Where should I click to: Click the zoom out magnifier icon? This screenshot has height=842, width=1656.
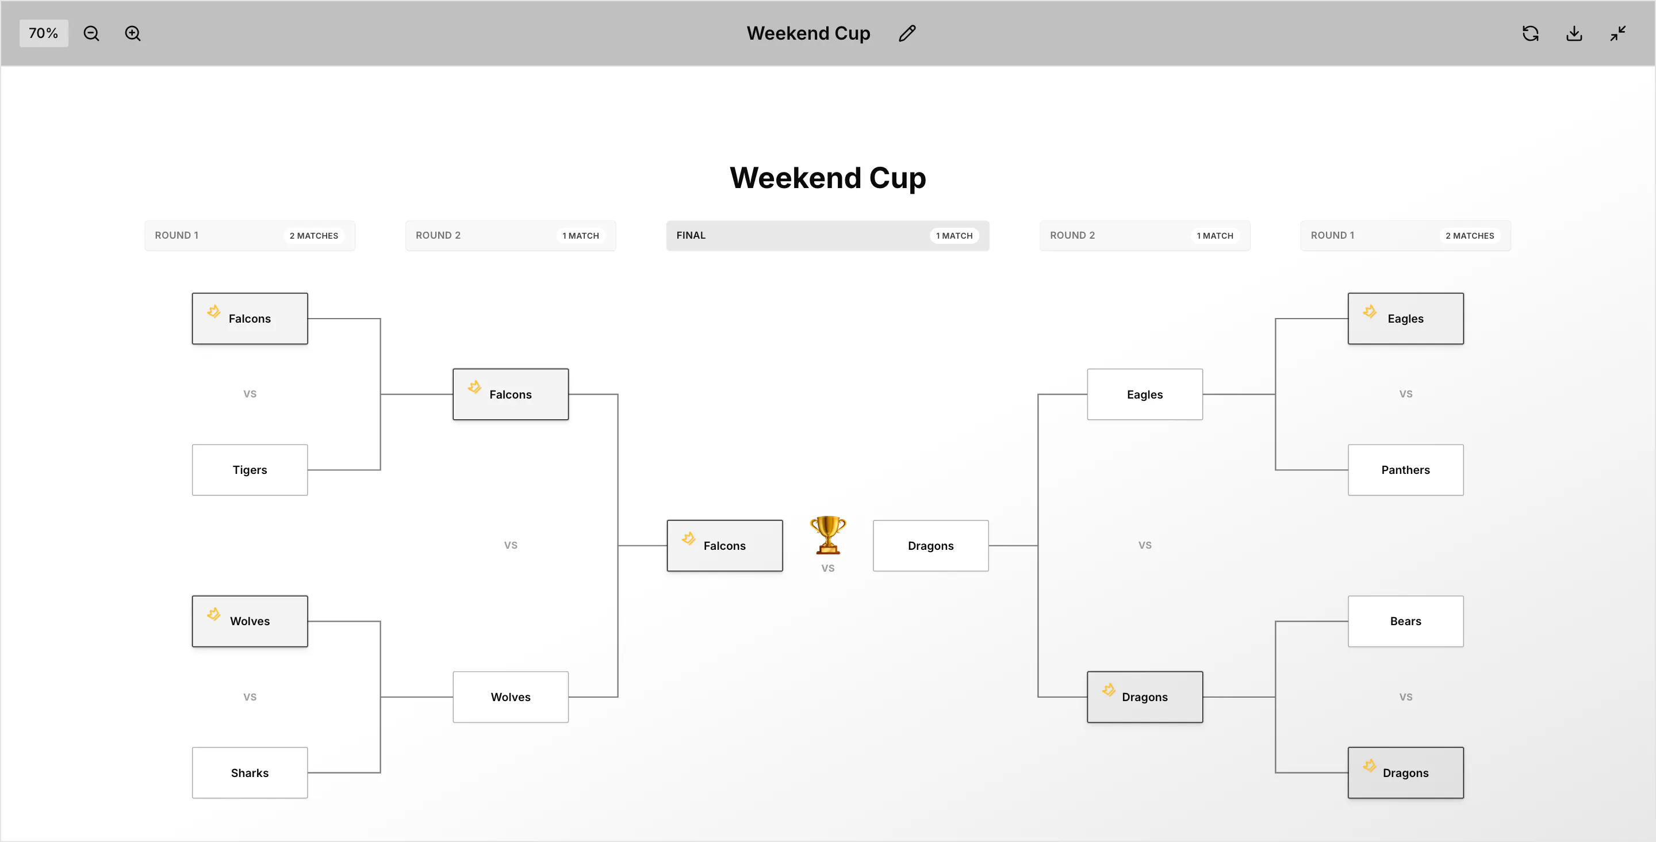pyautogui.click(x=91, y=33)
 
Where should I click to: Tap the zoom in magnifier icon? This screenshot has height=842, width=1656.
pyautogui.click(x=132, y=33)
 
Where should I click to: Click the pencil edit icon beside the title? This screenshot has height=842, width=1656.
pyautogui.click(x=907, y=33)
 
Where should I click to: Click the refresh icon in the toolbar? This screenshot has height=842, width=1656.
pyautogui.click(x=1531, y=33)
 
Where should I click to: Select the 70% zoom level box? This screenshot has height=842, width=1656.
pyautogui.click(x=44, y=33)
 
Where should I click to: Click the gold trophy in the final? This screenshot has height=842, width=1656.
pyautogui.click(x=828, y=534)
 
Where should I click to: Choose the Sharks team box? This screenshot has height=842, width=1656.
pyautogui.click(x=250, y=772)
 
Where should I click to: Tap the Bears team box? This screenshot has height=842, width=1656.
pyautogui.click(x=1406, y=621)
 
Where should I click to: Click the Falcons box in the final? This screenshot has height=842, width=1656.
pyautogui.click(x=724, y=545)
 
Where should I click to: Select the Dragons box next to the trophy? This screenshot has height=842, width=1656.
pyautogui.click(x=931, y=545)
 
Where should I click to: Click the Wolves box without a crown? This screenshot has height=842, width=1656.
pyautogui.click(x=511, y=697)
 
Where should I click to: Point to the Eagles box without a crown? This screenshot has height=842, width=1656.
pyautogui.click(x=1145, y=395)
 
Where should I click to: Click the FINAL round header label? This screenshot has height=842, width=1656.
pyautogui.click(x=691, y=235)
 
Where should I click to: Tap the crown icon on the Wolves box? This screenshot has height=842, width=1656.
pyautogui.click(x=214, y=614)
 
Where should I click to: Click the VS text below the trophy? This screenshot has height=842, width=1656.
pyautogui.click(x=828, y=569)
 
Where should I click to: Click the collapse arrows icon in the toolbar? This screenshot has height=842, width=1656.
pyautogui.click(x=1618, y=33)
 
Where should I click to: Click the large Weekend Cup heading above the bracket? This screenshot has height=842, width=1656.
pyautogui.click(x=828, y=178)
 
